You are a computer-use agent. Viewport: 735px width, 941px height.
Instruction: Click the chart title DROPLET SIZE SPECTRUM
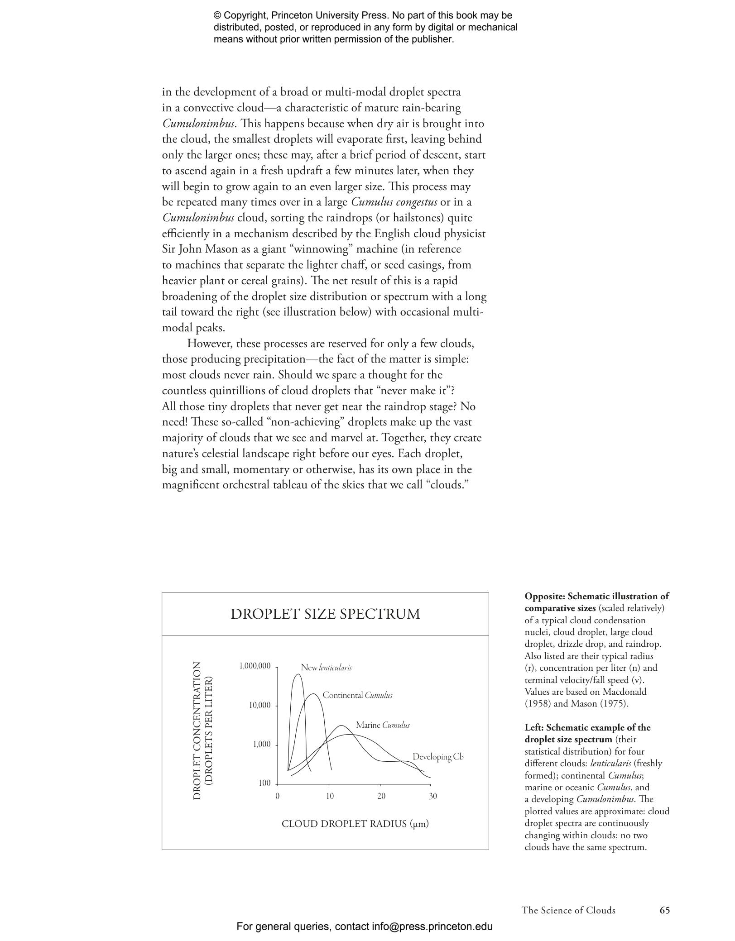pos(325,614)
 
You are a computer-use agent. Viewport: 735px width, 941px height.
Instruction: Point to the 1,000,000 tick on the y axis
pos(255,666)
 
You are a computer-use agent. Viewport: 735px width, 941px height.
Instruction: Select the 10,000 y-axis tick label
pos(260,705)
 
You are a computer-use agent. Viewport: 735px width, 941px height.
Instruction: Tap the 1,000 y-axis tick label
pos(262,744)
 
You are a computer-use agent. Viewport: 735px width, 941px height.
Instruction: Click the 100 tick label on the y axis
pos(264,783)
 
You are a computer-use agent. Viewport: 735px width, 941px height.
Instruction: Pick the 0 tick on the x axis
pos(277,796)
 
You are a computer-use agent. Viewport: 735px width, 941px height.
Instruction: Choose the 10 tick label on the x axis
pos(329,796)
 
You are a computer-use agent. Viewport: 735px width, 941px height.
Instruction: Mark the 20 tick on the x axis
pos(381,796)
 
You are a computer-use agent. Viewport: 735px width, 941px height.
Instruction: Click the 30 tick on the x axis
pos(433,796)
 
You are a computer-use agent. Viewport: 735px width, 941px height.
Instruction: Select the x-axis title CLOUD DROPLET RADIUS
pos(355,824)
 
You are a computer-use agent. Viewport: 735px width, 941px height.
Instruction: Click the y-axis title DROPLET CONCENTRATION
pos(197,731)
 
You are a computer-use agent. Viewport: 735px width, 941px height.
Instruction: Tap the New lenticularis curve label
pos(326,668)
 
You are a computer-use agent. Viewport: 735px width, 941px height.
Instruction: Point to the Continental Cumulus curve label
pos(357,695)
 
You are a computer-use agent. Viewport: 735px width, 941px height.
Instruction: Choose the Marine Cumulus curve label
pos(383,725)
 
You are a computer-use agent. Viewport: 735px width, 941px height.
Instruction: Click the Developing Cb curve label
pos(438,757)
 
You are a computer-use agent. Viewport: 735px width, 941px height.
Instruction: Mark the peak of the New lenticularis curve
pos(298,674)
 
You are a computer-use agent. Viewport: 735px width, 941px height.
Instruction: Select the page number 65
pos(664,910)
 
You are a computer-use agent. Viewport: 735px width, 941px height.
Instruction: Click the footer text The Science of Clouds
pos(568,910)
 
